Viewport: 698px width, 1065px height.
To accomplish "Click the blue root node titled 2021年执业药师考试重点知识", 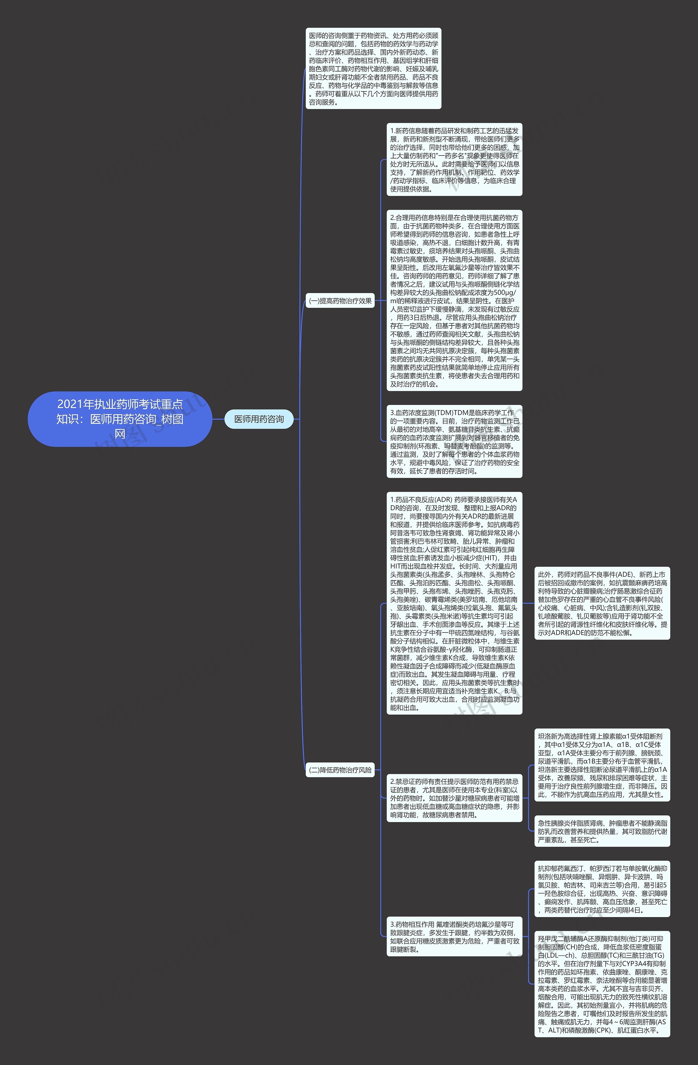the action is point(120,419).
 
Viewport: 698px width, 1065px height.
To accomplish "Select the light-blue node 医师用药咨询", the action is point(259,419).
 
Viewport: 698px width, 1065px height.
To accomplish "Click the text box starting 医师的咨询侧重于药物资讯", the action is point(373,68).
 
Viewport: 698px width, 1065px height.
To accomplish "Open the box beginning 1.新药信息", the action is point(454,160).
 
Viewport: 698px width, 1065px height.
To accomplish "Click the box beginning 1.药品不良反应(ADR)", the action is point(454,603).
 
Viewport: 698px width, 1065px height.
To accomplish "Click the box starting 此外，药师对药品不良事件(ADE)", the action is point(602,603).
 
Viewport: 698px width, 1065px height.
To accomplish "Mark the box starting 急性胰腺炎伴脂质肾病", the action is point(602,831).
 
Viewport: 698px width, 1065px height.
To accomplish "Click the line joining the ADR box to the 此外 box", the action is point(528,603).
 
